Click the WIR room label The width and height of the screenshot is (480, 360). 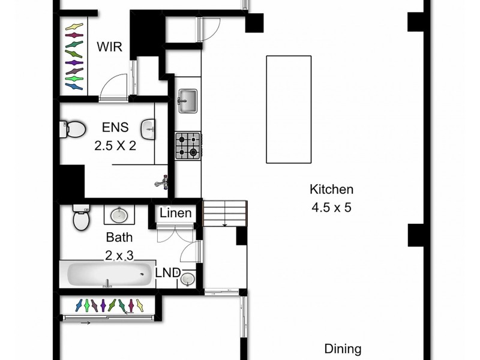pos(111,47)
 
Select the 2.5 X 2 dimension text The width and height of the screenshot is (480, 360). pos(114,145)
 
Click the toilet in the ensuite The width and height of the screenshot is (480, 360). pos(73,128)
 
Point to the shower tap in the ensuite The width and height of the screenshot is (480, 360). pos(162,181)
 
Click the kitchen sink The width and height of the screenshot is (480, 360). pos(188,99)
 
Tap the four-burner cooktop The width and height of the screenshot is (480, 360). pos(187,145)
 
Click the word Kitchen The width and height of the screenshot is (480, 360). pos(331,190)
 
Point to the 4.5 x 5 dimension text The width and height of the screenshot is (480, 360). pos(331,208)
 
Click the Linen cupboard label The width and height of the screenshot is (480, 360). pos(176,214)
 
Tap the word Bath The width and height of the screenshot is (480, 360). pos(119,237)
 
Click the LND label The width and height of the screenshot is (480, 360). pos(167,273)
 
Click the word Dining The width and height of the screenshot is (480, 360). pos(343,349)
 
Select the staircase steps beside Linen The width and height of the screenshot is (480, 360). pos(225,214)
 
